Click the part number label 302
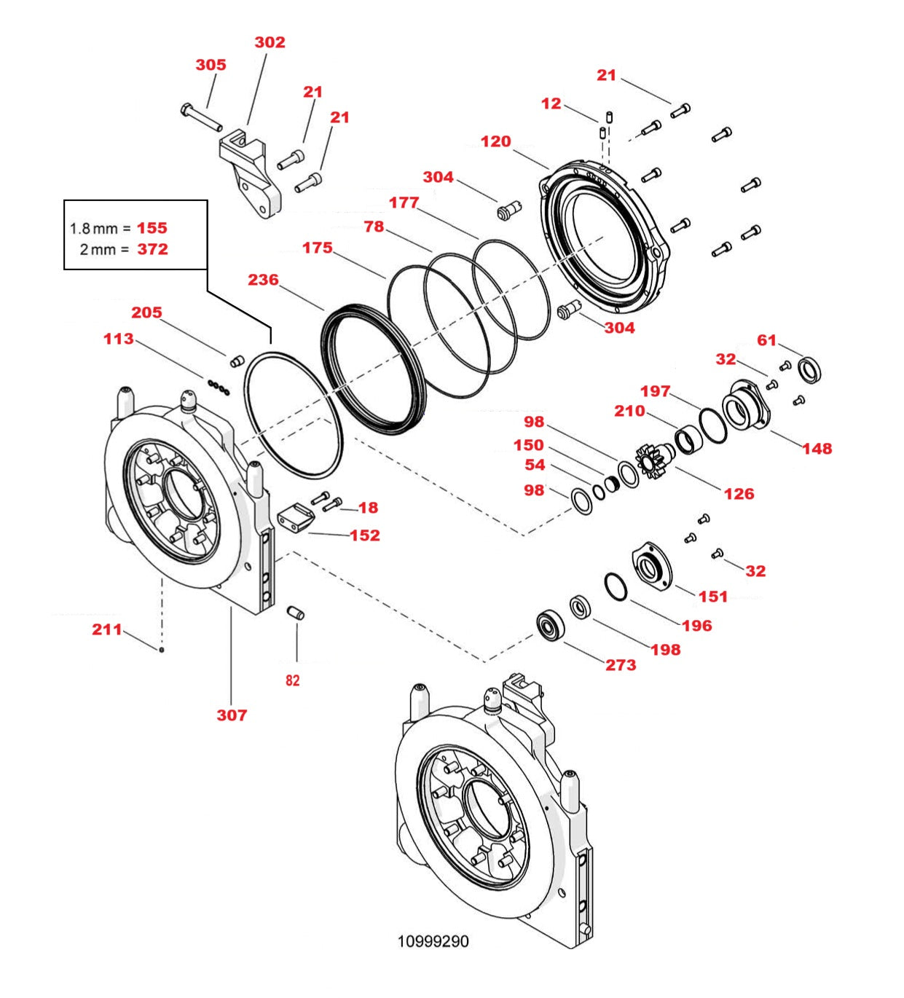tap(270, 42)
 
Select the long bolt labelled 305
tap(200, 117)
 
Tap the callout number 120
tap(495, 141)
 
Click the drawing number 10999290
tap(433, 941)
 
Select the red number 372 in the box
tap(152, 249)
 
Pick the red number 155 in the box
tap(152, 228)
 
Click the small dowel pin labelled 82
tap(296, 613)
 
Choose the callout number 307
tap(232, 715)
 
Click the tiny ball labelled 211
tap(162, 649)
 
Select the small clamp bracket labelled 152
tap(295, 516)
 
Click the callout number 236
tap(263, 280)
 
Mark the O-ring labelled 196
tap(616, 587)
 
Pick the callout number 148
tap(817, 449)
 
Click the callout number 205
tap(146, 313)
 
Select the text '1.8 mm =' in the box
tap(100, 229)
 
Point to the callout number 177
tap(404, 203)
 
